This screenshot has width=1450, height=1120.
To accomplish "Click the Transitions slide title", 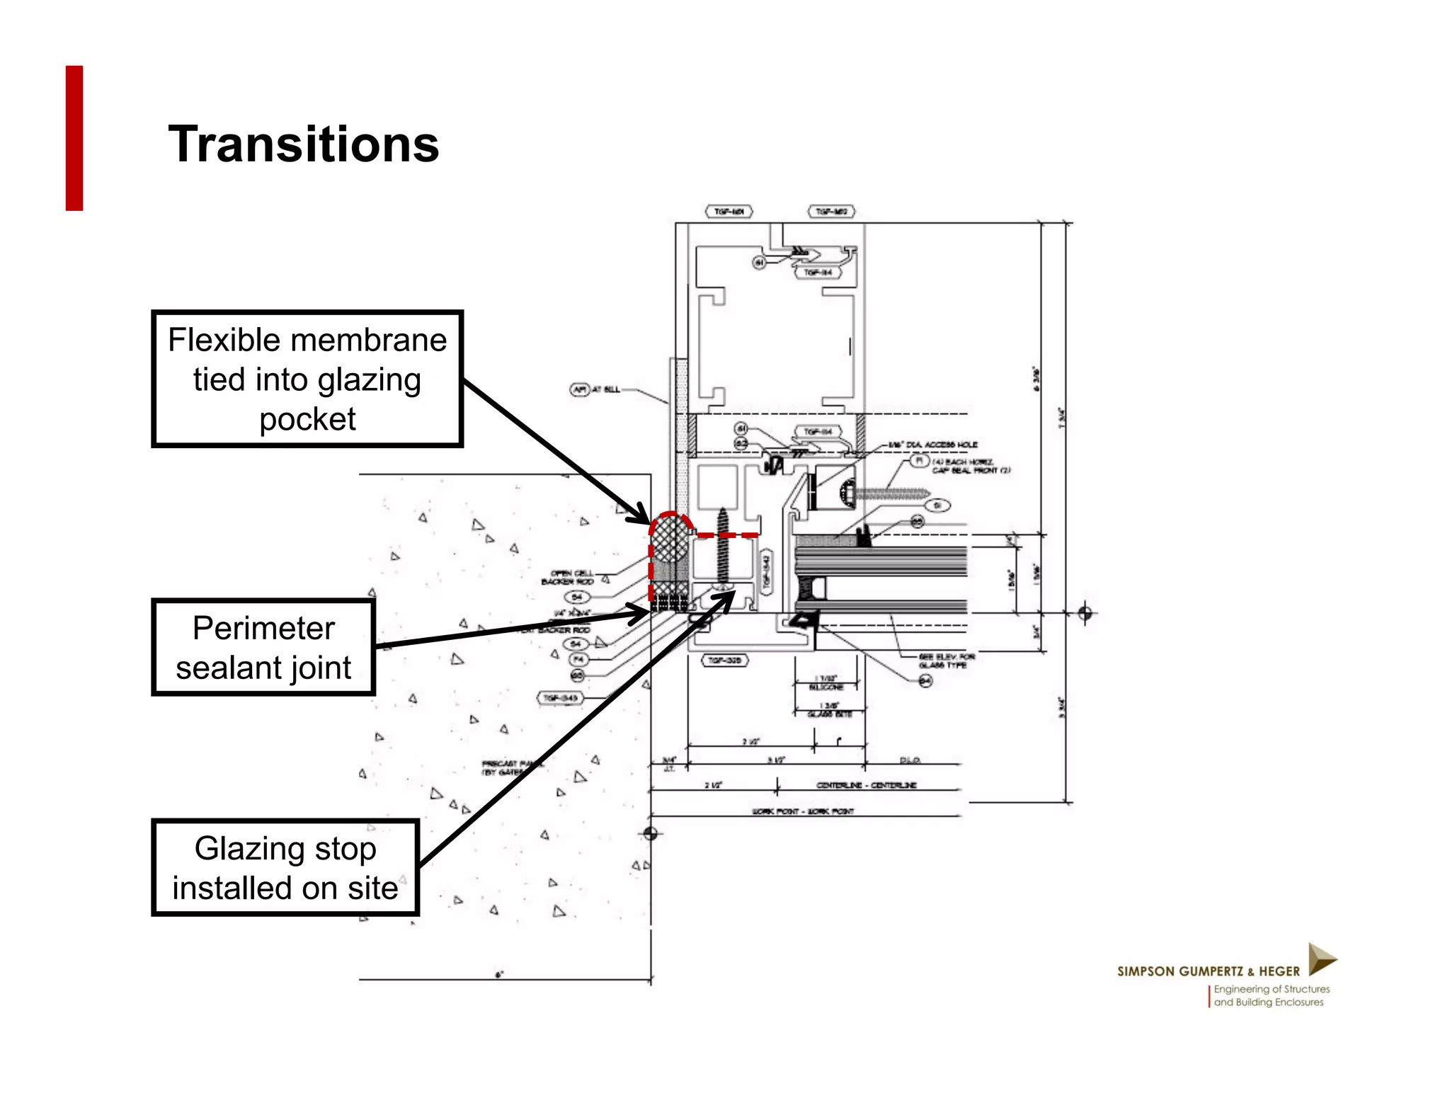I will pos(303,144).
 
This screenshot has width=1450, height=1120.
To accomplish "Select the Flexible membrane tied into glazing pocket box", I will pos(307,379).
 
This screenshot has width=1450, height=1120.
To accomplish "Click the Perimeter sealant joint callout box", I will pos(263,647).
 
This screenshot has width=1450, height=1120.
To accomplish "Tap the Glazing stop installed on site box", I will pos(285,867).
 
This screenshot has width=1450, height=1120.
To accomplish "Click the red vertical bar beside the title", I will pos(74,138).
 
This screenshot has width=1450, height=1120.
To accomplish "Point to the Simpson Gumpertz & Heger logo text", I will pos(1208,971).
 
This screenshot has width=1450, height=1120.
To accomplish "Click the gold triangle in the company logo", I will pos(1320,959).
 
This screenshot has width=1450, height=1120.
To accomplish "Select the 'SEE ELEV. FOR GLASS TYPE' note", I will pos(947,661).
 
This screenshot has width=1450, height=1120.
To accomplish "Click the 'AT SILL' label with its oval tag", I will pos(595,389).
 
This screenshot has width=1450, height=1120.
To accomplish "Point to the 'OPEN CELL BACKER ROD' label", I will pos(568,577).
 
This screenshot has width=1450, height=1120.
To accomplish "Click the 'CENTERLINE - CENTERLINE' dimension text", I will pos(866,785).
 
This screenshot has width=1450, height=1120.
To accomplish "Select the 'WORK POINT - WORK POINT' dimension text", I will pos(803,811).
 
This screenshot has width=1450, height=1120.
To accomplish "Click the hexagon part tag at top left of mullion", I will pos(729,212).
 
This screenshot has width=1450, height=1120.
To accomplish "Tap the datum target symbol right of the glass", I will pos(1085,612).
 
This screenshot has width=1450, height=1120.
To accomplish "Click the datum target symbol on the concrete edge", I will pos(651,833).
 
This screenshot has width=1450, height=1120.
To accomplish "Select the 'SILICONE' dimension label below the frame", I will pos(826,687).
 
